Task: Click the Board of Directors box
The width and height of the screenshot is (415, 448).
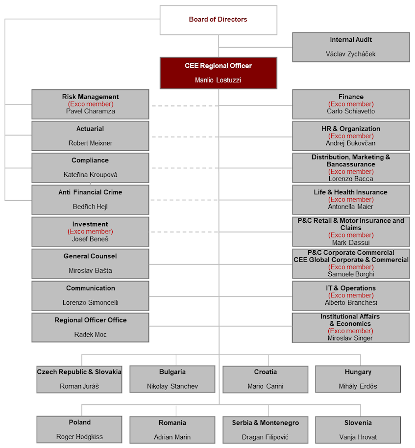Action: pos(218,20)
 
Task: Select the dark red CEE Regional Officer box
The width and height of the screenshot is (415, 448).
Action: pos(218,73)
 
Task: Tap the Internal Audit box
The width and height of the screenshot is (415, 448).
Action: pos(351,47)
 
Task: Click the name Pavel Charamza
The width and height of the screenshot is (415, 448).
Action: pos(90,111)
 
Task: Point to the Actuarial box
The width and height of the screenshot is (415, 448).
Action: pos(90,135)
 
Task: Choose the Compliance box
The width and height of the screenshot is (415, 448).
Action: pos(90,167)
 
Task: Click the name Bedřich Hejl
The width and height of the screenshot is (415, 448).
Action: pos(90,207)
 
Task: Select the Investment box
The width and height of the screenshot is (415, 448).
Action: pos(90,231)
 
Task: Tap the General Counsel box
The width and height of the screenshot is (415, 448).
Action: pos(90,263)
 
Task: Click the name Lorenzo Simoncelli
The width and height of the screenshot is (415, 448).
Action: pos(90,303)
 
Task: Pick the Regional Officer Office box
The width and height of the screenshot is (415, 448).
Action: pos(90,327)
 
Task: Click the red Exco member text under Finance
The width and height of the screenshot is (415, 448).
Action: pos(351,104)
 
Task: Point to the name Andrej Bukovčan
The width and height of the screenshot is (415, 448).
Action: pos(351,143)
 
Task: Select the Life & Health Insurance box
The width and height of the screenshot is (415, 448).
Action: pos(351,199)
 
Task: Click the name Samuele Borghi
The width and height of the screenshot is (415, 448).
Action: pos(351,274)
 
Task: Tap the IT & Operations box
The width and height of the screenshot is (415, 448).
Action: pos(351,295)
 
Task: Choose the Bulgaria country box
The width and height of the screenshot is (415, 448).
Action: pos(172,379)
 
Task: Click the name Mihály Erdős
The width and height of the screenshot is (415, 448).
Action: pos(358,386)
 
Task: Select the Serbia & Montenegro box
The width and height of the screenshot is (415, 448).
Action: pos(265,429)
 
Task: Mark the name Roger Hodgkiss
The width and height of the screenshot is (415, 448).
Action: pos(79,437)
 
